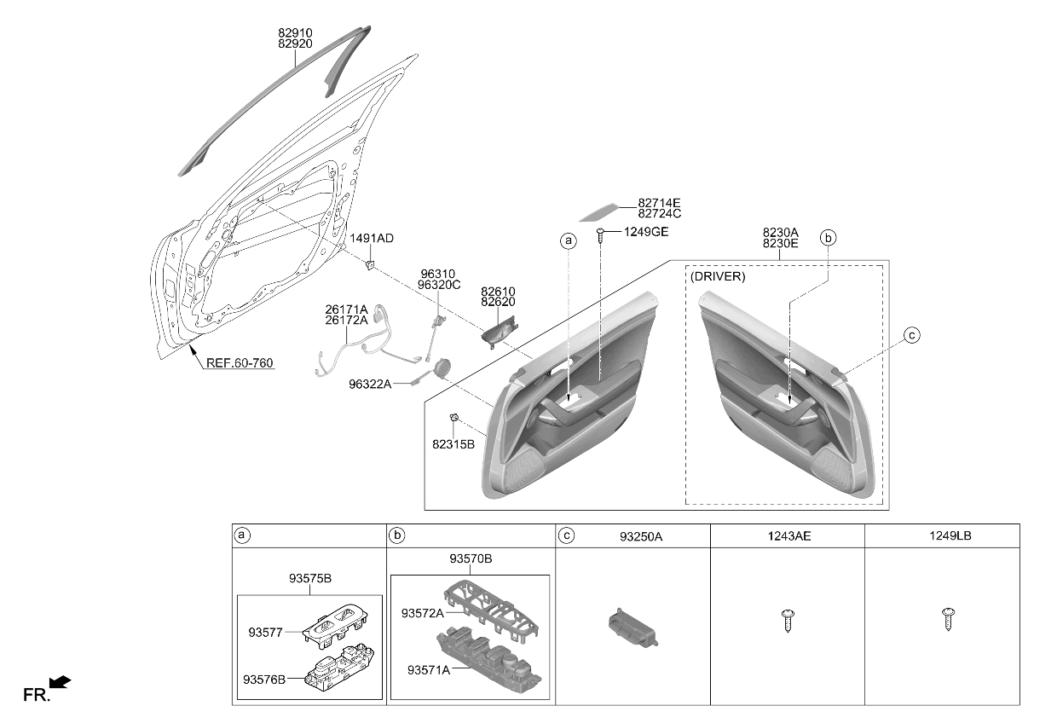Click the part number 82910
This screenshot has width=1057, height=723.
[295, 33]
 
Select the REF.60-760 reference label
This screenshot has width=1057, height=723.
[240, 363]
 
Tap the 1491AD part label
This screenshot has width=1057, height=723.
[372, 239]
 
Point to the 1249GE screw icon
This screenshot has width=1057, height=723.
[601, 235]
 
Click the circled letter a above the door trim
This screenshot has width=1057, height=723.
[568, 240]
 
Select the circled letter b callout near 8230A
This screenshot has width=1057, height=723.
[828, 238]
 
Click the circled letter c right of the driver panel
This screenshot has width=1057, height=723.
[912, 335]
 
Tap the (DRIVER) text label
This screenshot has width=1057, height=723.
[718, 276]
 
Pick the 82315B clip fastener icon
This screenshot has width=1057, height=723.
[454, 417]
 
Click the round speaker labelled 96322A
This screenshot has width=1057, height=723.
[442, 367]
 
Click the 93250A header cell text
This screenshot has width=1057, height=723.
[641, 536]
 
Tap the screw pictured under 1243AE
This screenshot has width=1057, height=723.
[787, 621]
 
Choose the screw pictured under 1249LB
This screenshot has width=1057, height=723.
[949, 619]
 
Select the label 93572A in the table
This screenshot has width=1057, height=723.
[422, 613]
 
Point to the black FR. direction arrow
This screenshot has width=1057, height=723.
[60, 682]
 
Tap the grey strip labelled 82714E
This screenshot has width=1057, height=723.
[598, 212]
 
